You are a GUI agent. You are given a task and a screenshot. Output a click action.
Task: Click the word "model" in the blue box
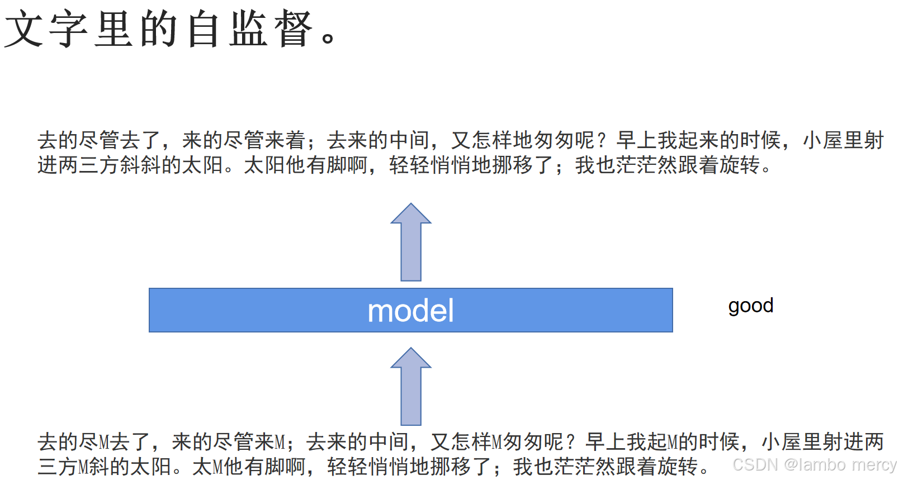(410, 311)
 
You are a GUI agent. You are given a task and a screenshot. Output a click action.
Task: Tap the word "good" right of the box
(750, 306)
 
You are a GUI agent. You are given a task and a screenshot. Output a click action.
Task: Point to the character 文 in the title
(23, 29)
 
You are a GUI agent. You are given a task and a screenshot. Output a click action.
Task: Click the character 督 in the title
(294, 29)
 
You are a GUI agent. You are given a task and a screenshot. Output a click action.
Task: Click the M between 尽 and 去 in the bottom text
(104, 442)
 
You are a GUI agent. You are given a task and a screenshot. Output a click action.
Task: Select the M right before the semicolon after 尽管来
(280, 442)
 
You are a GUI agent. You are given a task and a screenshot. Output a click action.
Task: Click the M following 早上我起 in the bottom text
(673, 442)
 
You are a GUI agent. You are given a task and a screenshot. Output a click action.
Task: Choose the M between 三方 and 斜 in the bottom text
(83, 467)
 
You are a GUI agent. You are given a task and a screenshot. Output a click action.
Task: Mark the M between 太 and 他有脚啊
(217, 467)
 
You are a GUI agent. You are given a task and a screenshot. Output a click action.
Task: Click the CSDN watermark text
(814, 464)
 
